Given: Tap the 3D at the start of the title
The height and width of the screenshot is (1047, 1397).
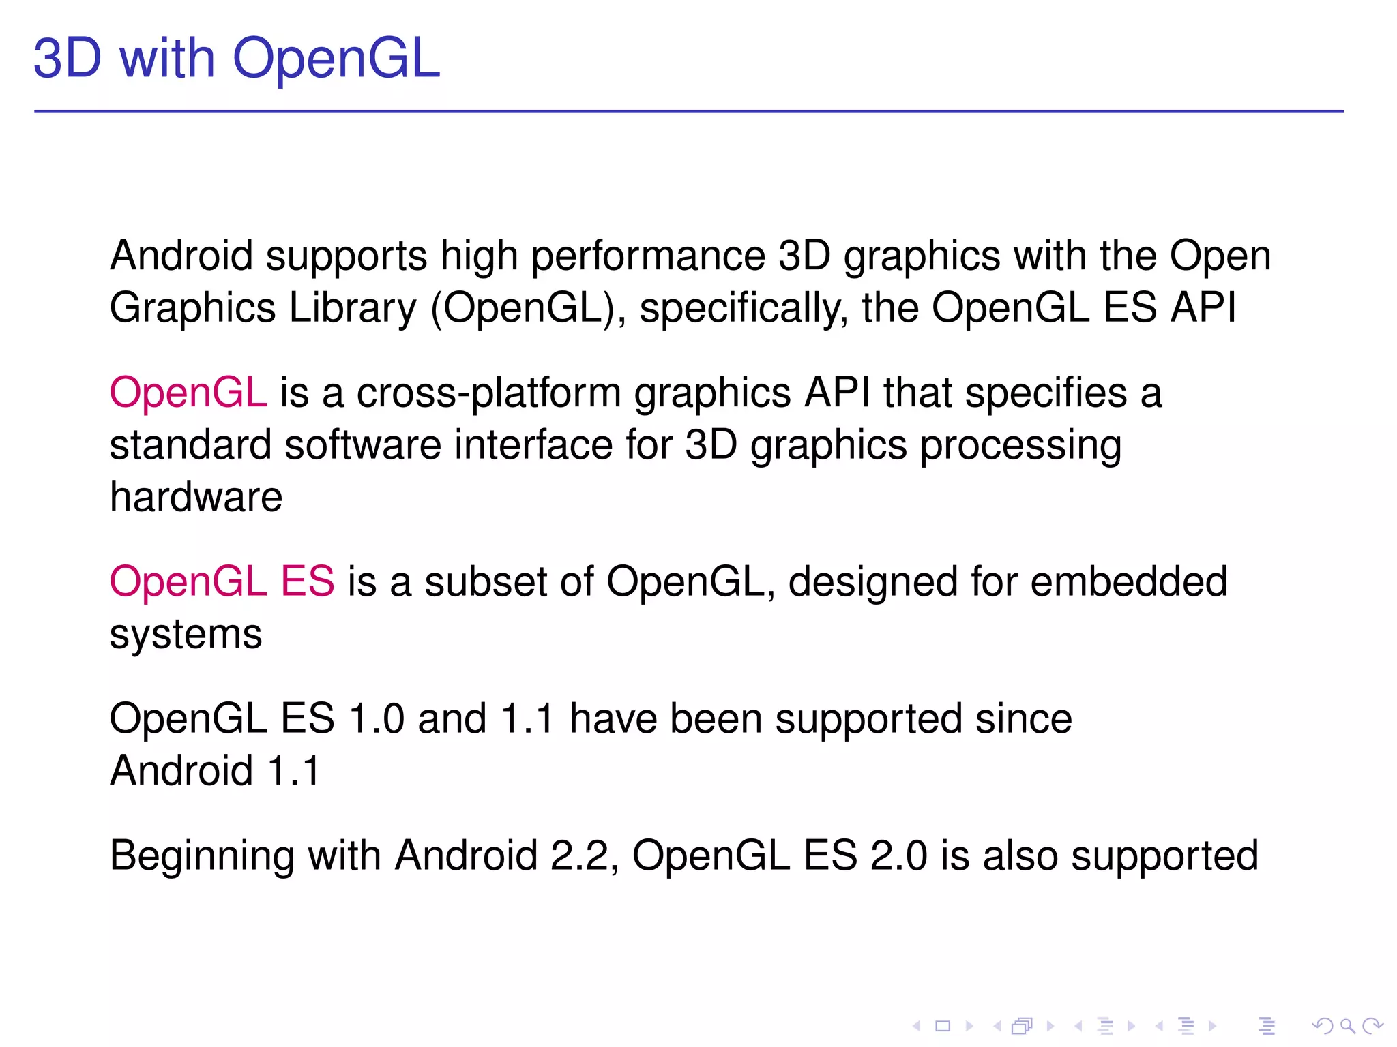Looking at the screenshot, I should click(x=68, y=59).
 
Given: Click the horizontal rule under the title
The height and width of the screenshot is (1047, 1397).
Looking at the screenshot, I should click(x=689, y=111).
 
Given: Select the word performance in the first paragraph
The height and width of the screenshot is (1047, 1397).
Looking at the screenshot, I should click(x=648, y=257).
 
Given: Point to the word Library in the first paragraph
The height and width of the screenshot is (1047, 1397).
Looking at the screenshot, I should click(x=352, y=308).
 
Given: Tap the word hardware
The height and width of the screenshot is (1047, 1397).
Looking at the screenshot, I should click(x=196, y=497).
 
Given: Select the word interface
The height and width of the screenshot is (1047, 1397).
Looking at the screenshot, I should click(x=533, y=445).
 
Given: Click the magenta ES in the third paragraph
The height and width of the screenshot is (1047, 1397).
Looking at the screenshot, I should click(x=307, y=582).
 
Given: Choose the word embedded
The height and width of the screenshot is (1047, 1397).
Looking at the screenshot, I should click(x=1128, y=582).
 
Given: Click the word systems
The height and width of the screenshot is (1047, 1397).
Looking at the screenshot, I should click(x=186, y=635).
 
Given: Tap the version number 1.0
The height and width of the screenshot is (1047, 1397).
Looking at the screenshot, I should click(x=376, y=719).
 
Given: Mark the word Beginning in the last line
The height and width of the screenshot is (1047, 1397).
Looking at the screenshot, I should click(x=202, y=857).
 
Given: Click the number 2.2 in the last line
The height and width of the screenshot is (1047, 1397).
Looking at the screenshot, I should click(x=579, y=856).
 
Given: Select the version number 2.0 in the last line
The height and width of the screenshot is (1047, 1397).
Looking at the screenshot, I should click(x=898, y=856).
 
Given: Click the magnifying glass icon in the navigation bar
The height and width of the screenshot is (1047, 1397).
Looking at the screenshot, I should click(x=1347, y=1025).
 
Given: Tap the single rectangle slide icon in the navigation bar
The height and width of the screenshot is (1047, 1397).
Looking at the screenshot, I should click(x=943, y=1026).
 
